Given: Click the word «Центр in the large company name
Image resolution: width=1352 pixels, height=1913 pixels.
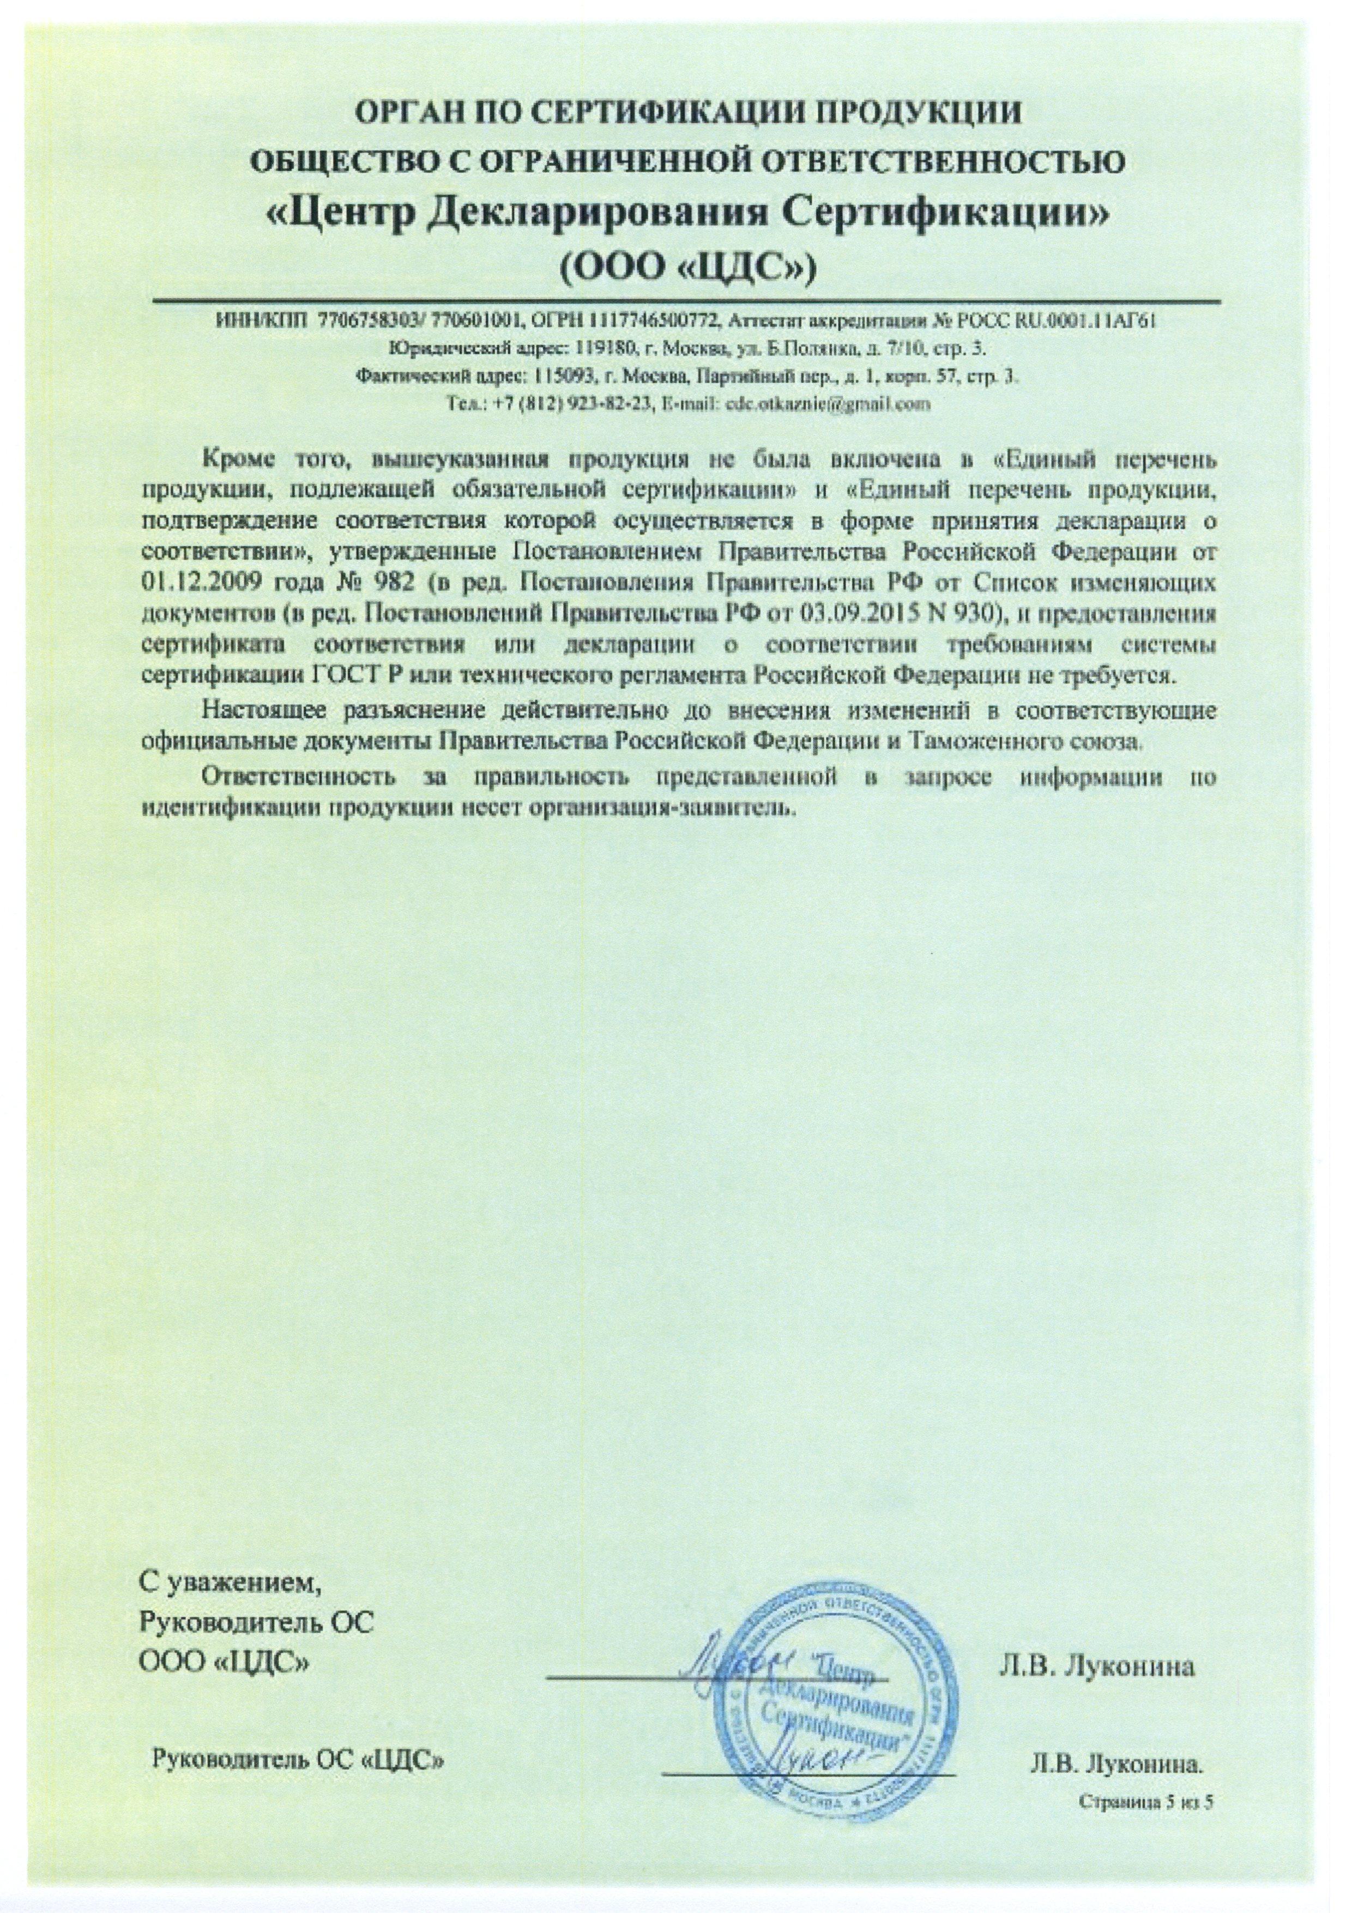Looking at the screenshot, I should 341,214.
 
